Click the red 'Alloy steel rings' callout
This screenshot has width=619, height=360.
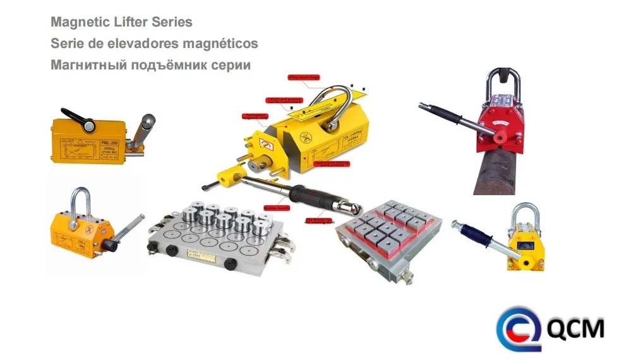click(x=322, y=77)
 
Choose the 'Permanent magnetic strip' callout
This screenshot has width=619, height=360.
click(x=255, y=116)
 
